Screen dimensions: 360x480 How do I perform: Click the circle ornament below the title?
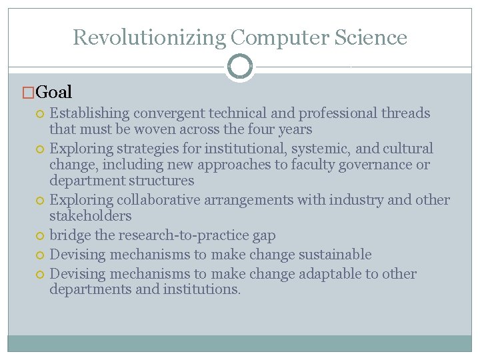(240, 67)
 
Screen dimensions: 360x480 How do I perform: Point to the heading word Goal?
(54, 92)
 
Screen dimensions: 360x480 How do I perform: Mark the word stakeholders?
(91, 216)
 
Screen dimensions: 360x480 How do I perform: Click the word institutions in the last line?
(199, 290)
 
